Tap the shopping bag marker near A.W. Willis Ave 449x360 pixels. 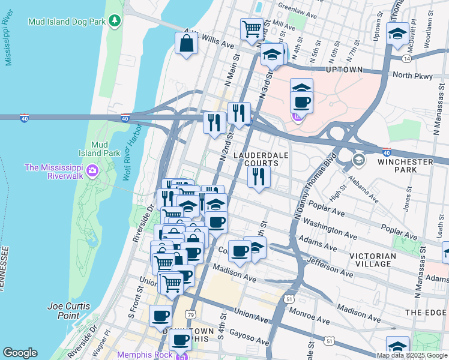click(187, 43)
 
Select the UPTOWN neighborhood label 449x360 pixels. click(345, 70)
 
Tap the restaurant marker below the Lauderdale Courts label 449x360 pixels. click(259, 176)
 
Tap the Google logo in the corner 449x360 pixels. click(19, 353)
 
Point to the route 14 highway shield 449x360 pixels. click(407, 59)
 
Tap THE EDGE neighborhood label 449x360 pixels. click(426, 313)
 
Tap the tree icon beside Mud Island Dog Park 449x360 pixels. click(113, 22)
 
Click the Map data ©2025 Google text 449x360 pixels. click(412, 355)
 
